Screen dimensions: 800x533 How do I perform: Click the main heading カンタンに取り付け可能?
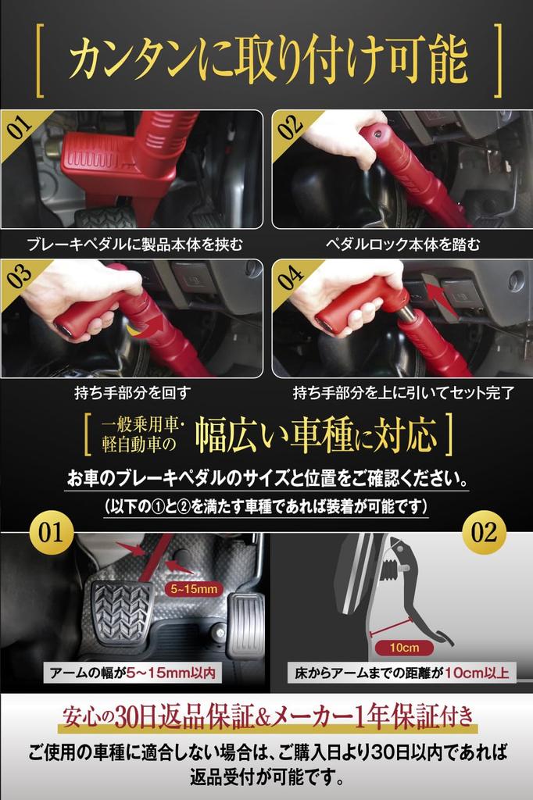pos(267,60)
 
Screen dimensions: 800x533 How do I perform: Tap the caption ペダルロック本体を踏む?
pos(402,245)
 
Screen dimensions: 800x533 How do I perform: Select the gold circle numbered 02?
pos(484,533)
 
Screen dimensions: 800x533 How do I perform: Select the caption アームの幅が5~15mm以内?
pos(131,673)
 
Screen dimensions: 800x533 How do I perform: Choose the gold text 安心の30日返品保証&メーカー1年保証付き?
pos(267,715)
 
